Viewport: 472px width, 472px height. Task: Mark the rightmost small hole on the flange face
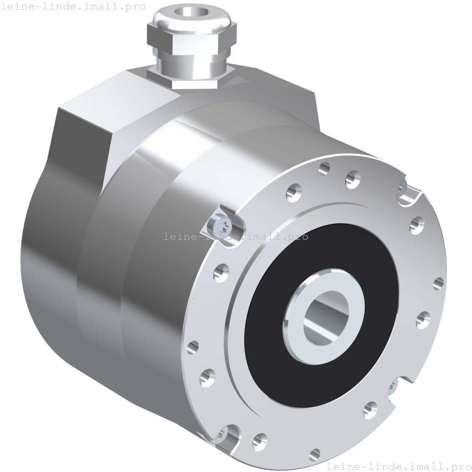[x=439, y=283]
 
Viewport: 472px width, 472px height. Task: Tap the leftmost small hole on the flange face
[x=193, y=346]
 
